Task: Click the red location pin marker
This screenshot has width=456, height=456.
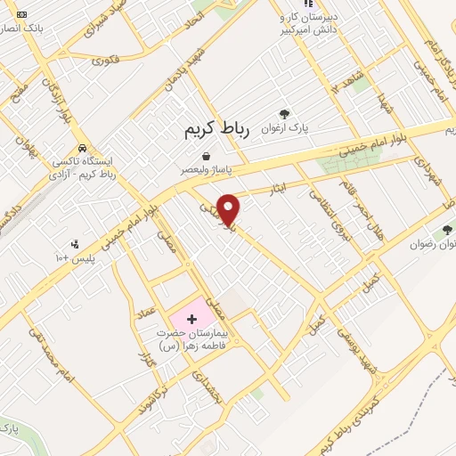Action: tap(229, 208)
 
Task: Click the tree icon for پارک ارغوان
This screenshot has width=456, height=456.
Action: tap(284, 114)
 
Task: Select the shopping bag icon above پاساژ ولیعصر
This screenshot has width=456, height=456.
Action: tap(206, 156)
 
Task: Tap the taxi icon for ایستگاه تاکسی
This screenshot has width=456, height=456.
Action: tap(82, 148)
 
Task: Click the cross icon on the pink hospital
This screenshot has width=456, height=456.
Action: tap(193, 318)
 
